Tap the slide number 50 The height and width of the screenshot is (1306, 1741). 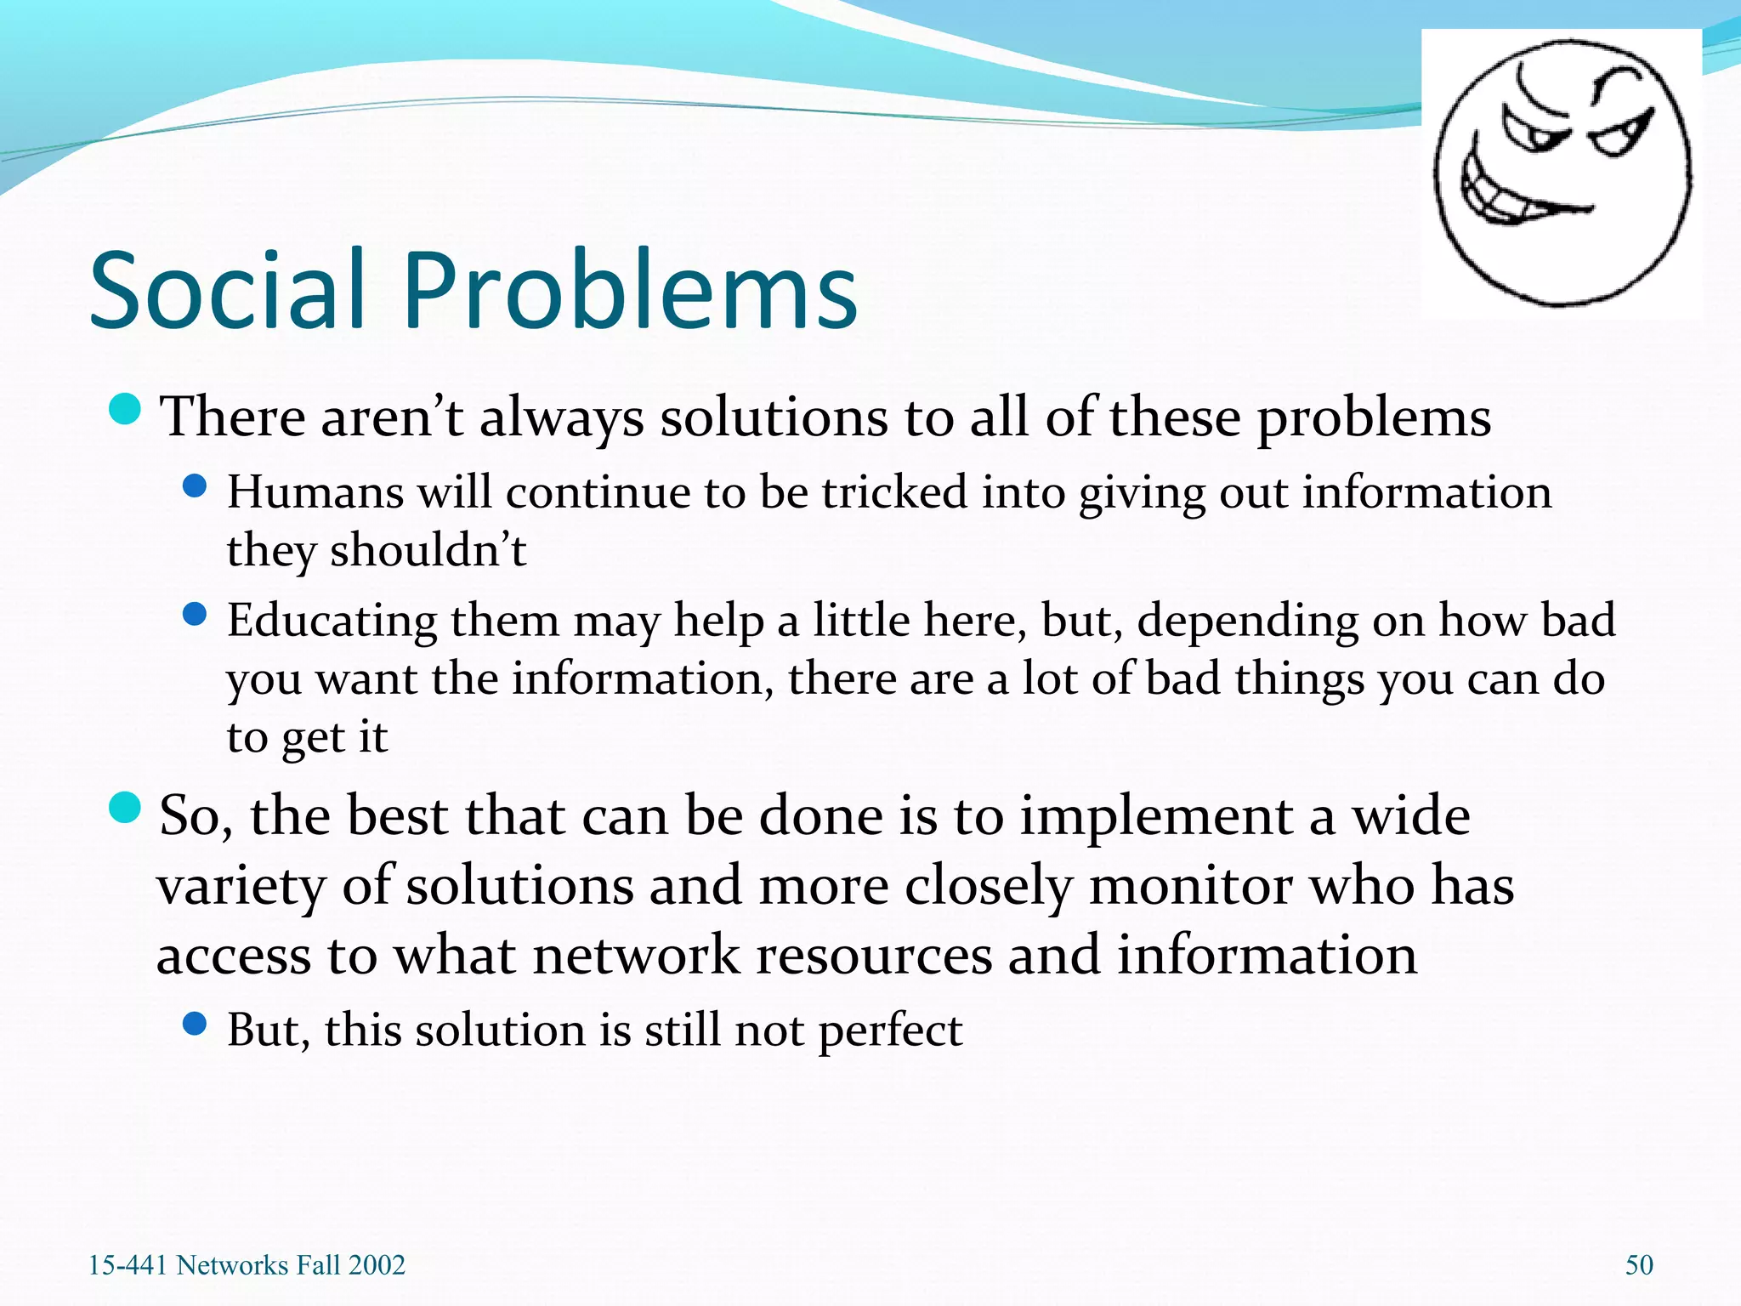point(1639,1264)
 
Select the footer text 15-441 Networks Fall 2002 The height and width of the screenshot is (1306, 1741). point(247,1264)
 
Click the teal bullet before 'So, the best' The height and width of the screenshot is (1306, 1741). point(125,808)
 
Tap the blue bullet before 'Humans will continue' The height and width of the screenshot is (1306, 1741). point(195,486)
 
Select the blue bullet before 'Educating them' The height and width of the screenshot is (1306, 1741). point(195,614)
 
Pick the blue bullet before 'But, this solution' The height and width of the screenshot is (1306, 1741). point(195,1024)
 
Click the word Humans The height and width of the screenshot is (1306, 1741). point(315,492)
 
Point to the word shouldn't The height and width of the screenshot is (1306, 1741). point(428,550)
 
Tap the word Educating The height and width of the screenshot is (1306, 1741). point(332,621)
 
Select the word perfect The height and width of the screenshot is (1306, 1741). point(890,1031)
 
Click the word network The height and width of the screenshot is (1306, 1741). point(637,955)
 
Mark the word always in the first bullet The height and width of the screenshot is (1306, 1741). point(561,418)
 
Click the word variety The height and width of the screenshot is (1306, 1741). point(241,886)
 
